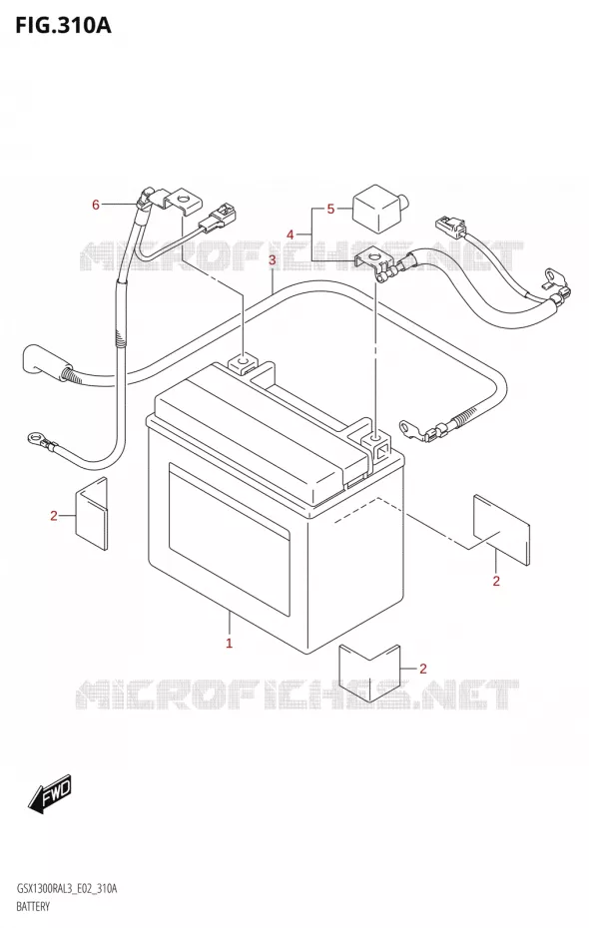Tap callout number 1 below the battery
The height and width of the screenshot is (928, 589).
tap(229, 643)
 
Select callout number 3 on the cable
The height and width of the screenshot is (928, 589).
tap(272, 260)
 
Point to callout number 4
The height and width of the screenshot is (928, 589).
tap(291, 234)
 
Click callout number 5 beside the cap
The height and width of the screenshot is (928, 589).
tap(330, 209)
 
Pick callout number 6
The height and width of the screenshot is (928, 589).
tap(95, 205)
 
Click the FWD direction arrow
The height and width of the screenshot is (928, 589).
tap(50, 792)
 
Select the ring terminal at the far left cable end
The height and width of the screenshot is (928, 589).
tap(34, 438)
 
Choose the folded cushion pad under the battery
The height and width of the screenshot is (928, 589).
tap(369, 672)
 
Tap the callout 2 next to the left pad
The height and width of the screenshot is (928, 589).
tap(53, 516)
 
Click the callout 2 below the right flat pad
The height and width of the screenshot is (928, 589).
tap(496, 581)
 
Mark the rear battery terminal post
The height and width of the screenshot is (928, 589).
tap(243, 361)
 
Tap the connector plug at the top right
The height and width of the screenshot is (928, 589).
tap(451, 227)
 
